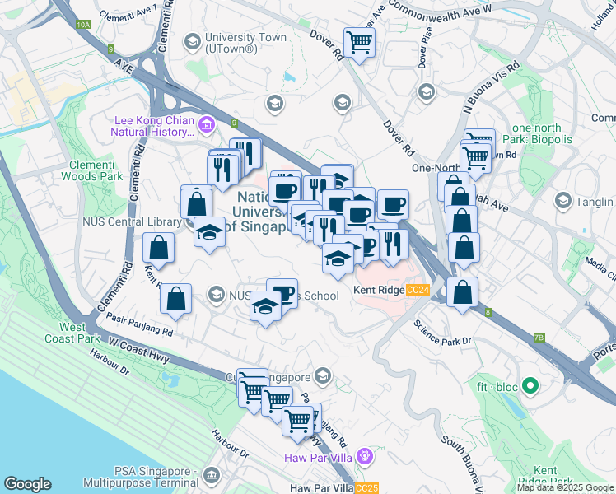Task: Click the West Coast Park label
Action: tap(84, 333)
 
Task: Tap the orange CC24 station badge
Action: tap(418, 291)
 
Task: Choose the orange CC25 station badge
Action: tap(367, 488)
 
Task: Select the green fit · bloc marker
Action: tap(530, 385)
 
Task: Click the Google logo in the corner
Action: tap(27, 484)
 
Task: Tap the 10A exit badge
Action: tap(83, 25)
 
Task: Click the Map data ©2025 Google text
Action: tap(565, 487)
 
